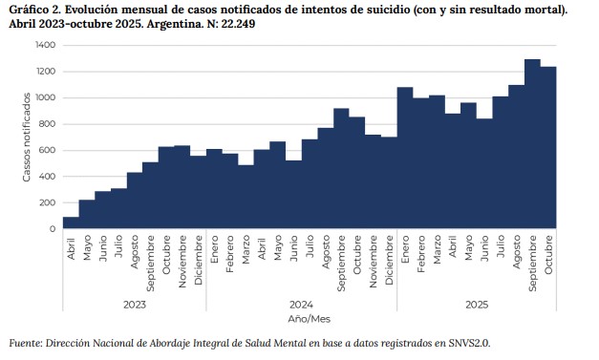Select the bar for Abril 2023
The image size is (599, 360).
[71, 223]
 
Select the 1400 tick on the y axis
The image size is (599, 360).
[45, 46]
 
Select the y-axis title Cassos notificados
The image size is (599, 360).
[27, 137]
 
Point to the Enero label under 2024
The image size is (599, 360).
[214, 250]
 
